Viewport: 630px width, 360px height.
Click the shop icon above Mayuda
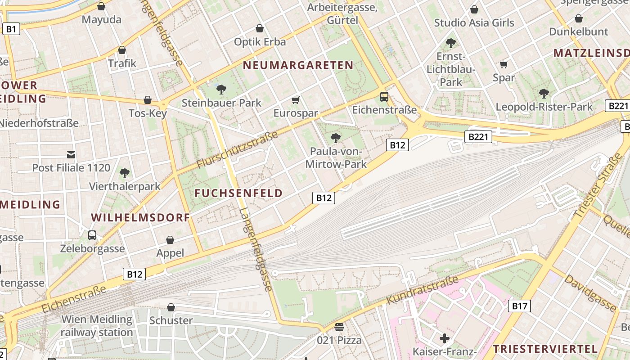coord(101,6)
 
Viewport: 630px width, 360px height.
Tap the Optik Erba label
coord(260,42)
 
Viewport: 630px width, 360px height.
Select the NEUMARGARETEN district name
coord(298,65)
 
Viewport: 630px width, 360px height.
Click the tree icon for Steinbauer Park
coord(221,89)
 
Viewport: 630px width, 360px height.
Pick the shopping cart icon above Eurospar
coord(296,100)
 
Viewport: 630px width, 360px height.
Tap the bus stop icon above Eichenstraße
coord(384,96)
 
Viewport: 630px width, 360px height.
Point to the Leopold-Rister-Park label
coord(544,107)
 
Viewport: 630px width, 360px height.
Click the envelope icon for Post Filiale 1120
coord(71,155)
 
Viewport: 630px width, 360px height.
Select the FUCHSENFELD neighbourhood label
coord(238,193)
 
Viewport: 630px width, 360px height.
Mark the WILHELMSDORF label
coord(140,217)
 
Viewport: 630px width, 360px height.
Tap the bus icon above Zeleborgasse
coord(92,235)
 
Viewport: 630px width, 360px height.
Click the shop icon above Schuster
coord(171,307)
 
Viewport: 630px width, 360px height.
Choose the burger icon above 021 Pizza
coord(339,327)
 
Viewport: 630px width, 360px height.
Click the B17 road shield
coord(520,306)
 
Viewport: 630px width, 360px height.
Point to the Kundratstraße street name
coord(423,290)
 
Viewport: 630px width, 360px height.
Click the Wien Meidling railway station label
coord(97,326)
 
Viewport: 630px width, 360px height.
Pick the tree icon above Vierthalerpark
coord(125,173)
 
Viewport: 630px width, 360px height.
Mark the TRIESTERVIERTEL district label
coord(545,349)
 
